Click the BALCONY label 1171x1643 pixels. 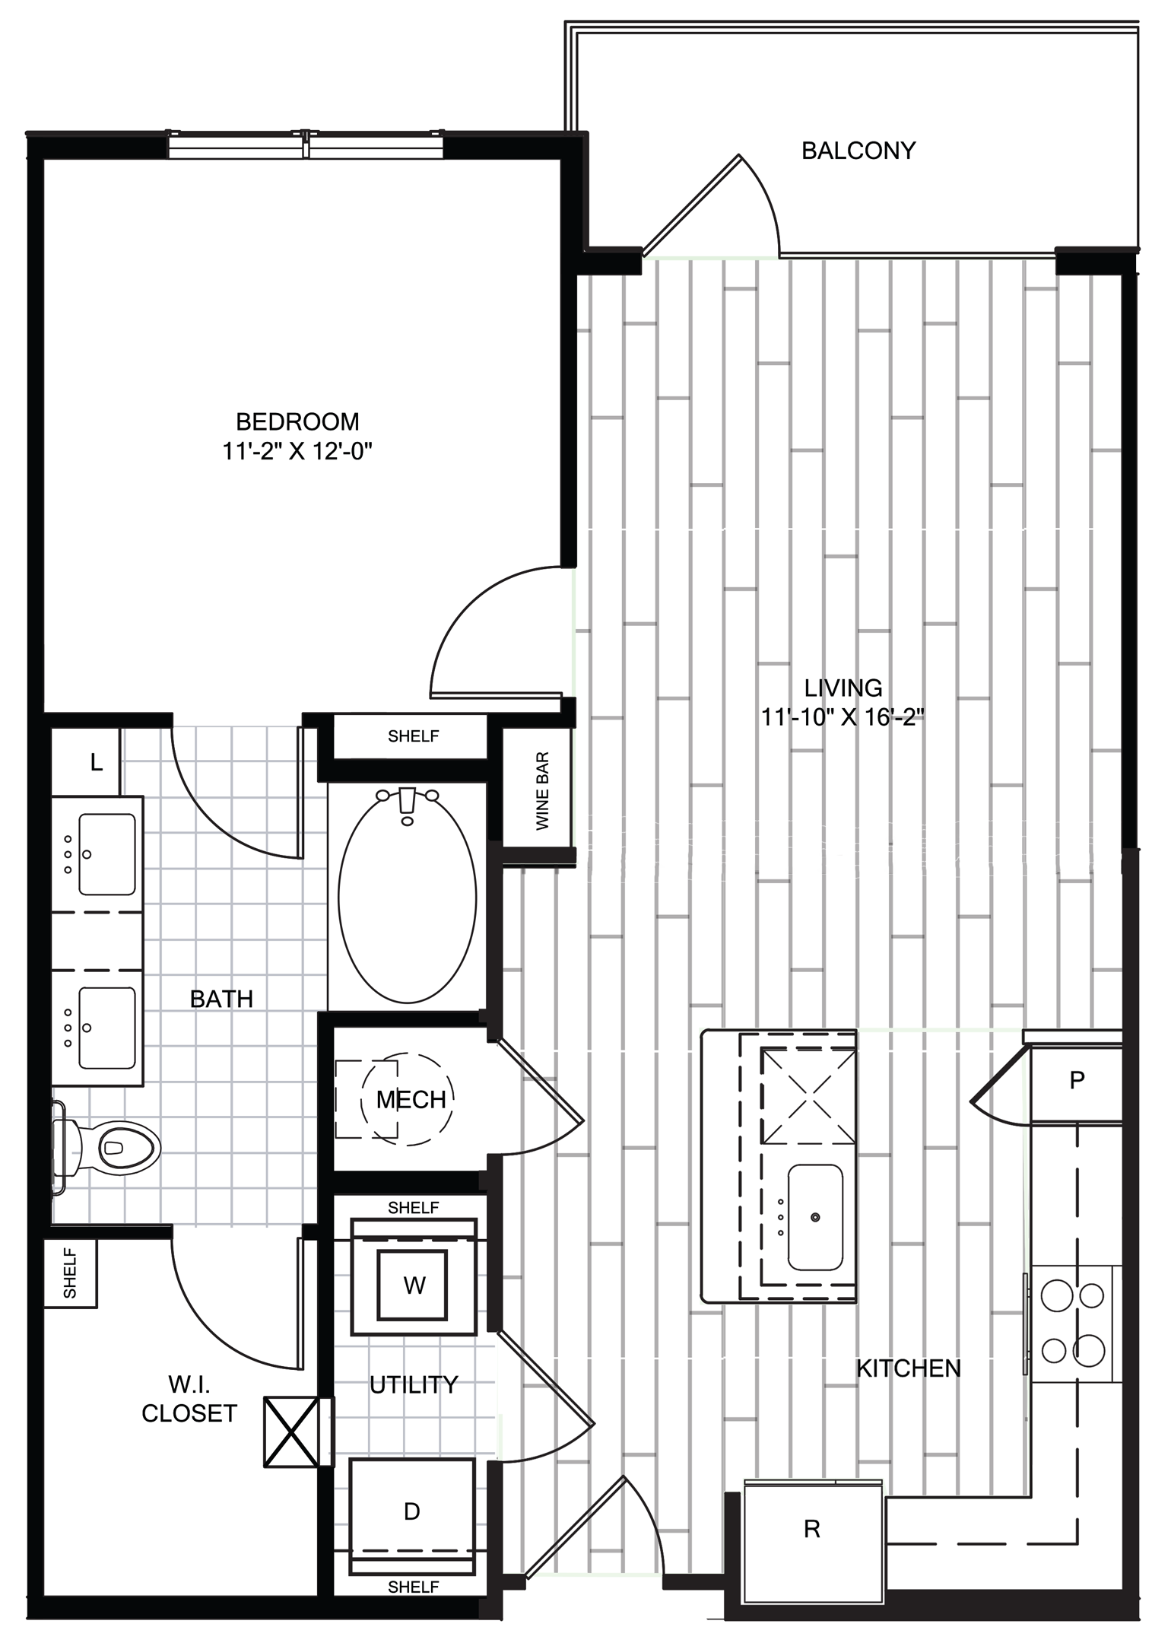858,151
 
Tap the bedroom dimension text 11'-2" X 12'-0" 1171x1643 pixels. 297,452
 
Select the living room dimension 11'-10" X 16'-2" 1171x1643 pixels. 843,717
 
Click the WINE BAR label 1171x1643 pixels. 542,791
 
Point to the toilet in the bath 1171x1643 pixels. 106,1146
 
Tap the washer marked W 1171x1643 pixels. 414,1285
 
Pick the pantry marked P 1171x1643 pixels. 1076,1080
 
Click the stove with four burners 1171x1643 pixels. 1073,1323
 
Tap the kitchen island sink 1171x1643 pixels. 815,1218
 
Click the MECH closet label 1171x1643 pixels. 411,1099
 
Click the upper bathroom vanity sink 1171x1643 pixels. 107,854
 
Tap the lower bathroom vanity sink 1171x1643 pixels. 107,1028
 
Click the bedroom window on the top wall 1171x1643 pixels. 305,145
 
